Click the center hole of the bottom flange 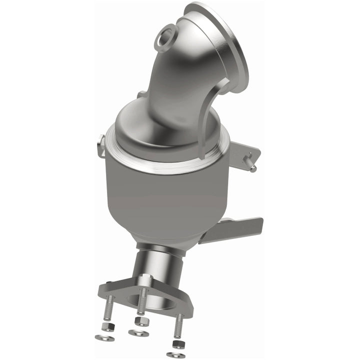[x=150, y=300]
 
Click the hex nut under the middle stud [x=141, y=320]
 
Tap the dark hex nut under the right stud [x=175, y=344]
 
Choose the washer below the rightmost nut [x=175, y=354]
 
